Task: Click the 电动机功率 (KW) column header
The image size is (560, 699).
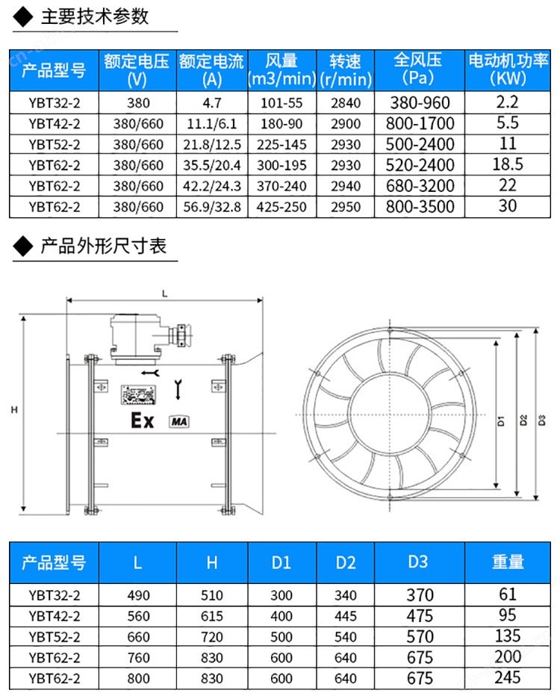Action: coord(508,69)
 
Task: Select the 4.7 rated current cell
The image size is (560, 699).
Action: coord(212,103)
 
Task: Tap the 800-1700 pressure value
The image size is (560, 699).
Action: coord(420,123)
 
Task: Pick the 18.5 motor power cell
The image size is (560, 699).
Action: coord(508,164)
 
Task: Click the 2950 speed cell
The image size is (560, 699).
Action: coord(346,207)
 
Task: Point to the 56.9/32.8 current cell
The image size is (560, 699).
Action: coord(212,207)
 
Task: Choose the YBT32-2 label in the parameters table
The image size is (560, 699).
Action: coord(55,103)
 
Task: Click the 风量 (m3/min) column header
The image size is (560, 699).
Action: coord(281,69)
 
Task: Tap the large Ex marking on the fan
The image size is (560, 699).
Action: coord(142,420)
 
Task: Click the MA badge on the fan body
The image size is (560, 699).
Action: coord(179,422)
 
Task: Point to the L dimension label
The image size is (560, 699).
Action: coord(164,293)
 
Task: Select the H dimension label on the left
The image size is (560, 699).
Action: coord(14,410)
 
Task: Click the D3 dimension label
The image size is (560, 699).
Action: coord(542,420)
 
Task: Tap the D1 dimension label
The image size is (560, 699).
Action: coord(502,420)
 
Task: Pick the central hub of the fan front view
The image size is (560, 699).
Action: coord(390,414)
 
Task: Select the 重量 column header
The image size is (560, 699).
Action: coord(508,562)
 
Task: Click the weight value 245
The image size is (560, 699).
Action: coord(508,677)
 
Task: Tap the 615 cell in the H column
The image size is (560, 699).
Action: coord(212,616)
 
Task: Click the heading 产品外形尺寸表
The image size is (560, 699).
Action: coord(104,246)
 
